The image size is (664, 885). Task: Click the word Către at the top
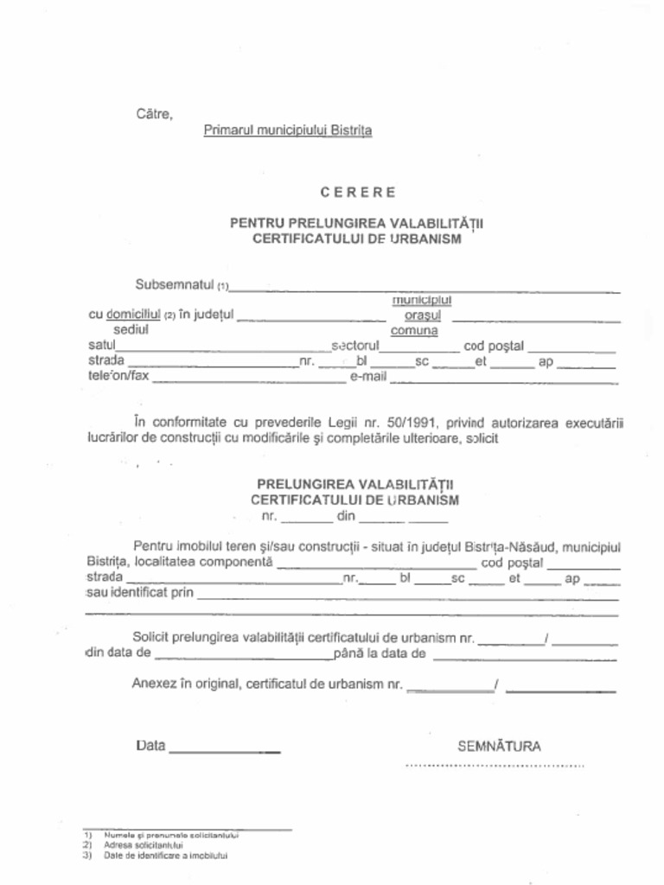tap(154, 113)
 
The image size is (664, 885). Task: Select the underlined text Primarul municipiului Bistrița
tap(287, 131)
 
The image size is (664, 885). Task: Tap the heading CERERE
tap(357, 192)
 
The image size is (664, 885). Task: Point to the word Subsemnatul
tap(174, 284)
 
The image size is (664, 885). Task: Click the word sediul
tap(131, 329)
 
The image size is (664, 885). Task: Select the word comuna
tap(414, 330)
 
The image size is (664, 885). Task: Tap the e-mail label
tap(367, 377)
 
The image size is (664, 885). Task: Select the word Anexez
tap(153, 684)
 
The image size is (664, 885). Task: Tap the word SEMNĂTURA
tap(500, 747)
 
